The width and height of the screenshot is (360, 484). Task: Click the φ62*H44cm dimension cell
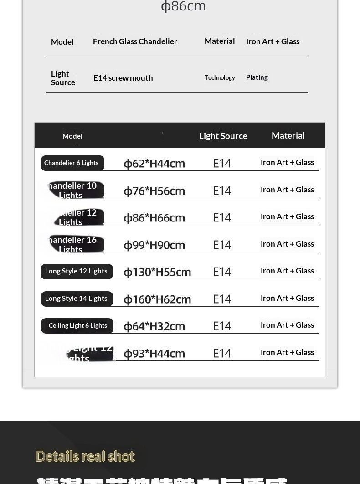pos(154,163)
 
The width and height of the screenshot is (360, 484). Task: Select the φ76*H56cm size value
pos(154,191)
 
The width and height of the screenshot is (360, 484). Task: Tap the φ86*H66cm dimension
pos(154,217)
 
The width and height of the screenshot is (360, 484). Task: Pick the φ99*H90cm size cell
pos(154,245)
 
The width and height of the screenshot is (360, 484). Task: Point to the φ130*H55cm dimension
pos(157,272)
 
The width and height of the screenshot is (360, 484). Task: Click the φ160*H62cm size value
pos(157,299)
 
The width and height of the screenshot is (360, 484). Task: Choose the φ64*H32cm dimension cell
pos(154,326)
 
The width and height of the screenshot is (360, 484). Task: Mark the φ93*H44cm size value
pos(154,353)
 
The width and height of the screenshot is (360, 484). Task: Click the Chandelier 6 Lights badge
pos(72,163)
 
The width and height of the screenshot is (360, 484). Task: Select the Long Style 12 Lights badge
pos(77,271)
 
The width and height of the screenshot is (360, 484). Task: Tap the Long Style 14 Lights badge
pos(77,299)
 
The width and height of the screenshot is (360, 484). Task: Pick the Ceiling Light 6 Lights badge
pos(77,325)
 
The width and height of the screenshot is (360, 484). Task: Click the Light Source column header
pos(223,136)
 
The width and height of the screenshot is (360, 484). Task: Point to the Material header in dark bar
pos(288,135)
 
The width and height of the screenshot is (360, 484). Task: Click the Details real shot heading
pos(85,456)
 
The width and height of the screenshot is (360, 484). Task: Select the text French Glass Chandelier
pos(135,41)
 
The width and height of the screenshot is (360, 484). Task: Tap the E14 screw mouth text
pos(123,78)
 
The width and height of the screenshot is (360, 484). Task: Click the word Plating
pos(257,77)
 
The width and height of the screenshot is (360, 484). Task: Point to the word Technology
pos(220,77)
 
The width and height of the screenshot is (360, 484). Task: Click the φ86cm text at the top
pos(183,6)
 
